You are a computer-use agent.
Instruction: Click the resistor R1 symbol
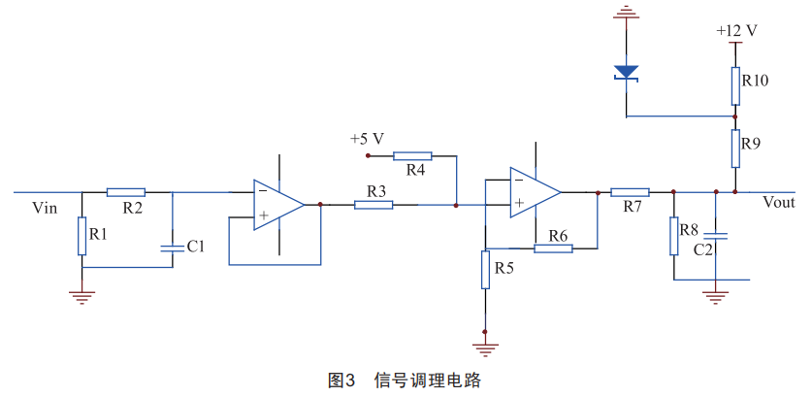(82, 236)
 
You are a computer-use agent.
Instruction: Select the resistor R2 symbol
(125, 192)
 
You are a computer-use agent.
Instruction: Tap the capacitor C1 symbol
(172, 248)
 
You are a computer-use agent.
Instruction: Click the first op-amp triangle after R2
(277, 205)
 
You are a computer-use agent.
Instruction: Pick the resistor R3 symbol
(374, 205)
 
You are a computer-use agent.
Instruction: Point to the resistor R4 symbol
(412, 155)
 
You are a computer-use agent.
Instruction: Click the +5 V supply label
(368, 138)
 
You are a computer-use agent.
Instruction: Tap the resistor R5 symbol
(485, 270)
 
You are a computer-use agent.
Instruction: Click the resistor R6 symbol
(553, 248)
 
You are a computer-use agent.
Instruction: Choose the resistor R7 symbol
(630, 192)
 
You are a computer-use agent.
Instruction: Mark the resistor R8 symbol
(673, 236)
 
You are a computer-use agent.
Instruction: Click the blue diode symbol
(627, 72)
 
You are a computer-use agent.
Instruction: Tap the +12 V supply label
(737, 30)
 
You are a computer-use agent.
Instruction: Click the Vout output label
(779, 202)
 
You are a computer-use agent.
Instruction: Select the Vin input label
(45, 207)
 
